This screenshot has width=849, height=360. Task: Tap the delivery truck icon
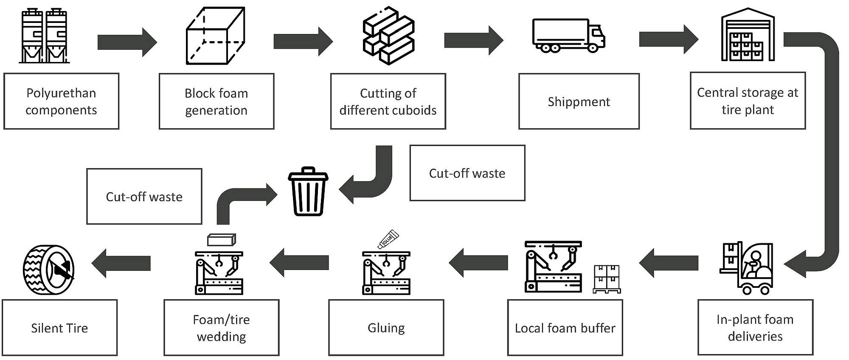coord(568,36)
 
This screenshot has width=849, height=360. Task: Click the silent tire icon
coord(48,270)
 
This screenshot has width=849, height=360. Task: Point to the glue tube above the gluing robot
coord(388,239)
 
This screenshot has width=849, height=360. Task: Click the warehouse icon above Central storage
coord(748,35)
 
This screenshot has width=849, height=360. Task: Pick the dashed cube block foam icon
coord(216,36)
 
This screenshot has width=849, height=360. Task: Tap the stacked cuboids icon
coord(388,36)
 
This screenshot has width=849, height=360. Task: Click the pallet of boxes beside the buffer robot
coord(607,279)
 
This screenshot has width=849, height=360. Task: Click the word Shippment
coord(579,102)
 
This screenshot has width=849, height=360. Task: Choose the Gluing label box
coord(386,328)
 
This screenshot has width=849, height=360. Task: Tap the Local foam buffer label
coord(565,328)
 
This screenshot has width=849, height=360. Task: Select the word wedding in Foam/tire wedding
coord(221,337)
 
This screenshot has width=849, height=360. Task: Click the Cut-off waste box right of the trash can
coord(467,173)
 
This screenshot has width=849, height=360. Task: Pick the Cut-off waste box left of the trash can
coord(144,197)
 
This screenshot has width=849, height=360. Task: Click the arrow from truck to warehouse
coord(668,39)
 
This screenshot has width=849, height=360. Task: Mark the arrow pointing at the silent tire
coord(121,263)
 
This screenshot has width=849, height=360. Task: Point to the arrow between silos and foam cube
coord(127,42)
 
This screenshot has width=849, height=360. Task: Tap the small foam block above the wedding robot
coord(221,240)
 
